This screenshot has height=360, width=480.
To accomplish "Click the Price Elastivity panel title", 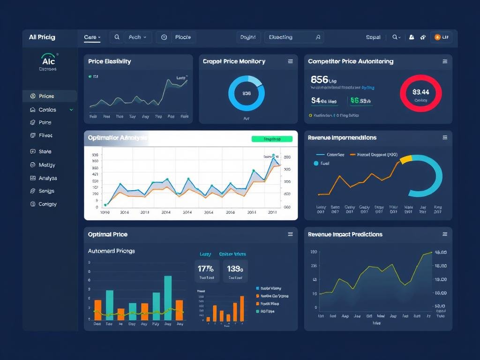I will pos(109,61).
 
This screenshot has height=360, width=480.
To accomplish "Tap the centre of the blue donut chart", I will pos(247,93).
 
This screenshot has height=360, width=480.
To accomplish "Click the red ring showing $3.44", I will pos(420,93).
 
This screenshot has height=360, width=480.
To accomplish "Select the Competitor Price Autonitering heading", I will pos(351,61).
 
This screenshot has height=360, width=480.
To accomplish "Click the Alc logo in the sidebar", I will pos(49,61).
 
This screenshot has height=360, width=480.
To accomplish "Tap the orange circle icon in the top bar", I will pos(437,37).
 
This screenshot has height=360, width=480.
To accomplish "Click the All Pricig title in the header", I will pos(42,37).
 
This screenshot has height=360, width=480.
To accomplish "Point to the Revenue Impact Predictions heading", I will pos(345,234).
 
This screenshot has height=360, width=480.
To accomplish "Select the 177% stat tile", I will pos(207,271).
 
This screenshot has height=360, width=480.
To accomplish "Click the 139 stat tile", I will pos(235,271).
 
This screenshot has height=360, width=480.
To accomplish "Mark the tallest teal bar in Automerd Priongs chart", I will pos(168,298).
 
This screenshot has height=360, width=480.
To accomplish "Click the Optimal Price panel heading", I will pos(107,234).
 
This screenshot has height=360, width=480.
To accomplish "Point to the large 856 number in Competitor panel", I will pos(319,79).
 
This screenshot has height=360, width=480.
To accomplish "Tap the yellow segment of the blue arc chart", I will pos(406,159).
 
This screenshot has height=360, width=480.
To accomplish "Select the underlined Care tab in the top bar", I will pos(92,37).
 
